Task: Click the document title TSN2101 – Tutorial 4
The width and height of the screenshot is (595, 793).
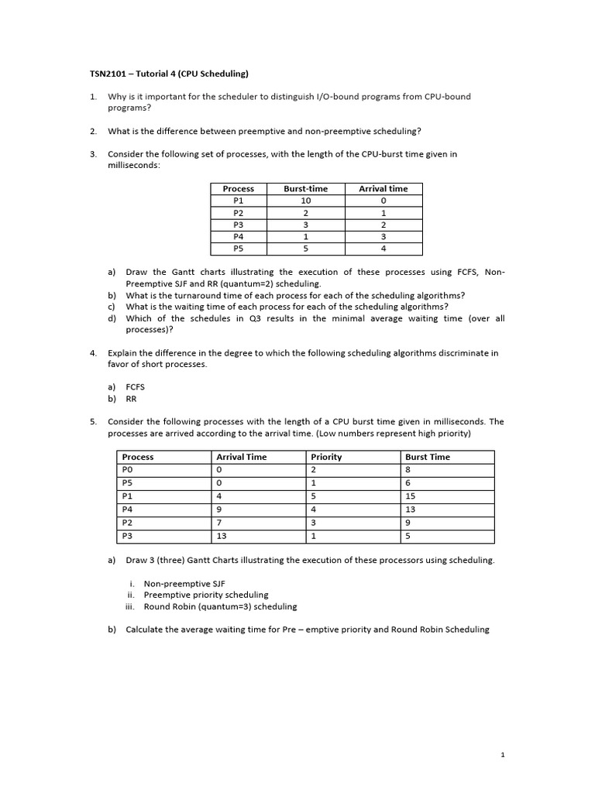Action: tap(168, 74)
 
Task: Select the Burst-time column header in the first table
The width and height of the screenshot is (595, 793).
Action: tap(305, 188)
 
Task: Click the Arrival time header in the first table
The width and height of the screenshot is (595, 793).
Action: tap(383, 188)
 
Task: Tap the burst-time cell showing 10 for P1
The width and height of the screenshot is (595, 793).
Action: tap(305, 199)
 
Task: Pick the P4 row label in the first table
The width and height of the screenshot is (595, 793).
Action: tap(238, 236)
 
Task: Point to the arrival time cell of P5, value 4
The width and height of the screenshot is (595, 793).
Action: tap(383, 249)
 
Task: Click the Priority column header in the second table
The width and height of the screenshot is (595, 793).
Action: tap(326, 457)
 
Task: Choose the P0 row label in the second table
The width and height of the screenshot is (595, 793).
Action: tap(128, 469)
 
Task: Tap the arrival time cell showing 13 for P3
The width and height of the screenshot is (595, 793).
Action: tap(222, 536)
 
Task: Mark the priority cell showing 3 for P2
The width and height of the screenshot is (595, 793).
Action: tap(313, 523)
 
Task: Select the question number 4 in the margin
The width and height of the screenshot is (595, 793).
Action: tap(92, 353)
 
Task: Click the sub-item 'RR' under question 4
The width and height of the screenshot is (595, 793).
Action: tap(131, 399)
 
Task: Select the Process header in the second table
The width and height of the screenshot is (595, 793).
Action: tap(138, 457)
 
